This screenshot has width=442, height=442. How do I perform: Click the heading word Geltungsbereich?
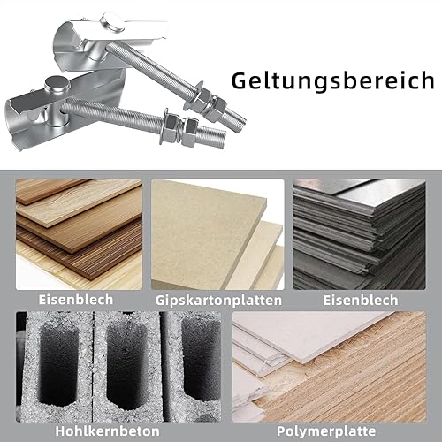332,81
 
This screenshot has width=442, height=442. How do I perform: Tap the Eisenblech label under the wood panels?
76,300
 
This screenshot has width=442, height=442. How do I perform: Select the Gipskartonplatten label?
218,301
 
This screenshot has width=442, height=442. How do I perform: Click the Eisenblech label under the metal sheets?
361,301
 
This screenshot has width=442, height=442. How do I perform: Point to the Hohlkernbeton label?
107,431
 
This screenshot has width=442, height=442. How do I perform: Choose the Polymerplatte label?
326,431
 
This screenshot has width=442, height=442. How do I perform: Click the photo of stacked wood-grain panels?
79,234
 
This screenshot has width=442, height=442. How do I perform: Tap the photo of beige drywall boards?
217,234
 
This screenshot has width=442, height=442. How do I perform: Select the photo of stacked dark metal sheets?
359,234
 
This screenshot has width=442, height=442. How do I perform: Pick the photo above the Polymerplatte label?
329,367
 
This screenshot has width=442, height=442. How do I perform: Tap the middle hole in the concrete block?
126,367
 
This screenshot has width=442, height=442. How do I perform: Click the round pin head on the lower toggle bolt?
57,82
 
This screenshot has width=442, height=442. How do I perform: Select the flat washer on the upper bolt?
195,95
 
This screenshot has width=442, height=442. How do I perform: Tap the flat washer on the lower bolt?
164,126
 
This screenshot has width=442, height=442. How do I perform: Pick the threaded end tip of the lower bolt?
223,141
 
